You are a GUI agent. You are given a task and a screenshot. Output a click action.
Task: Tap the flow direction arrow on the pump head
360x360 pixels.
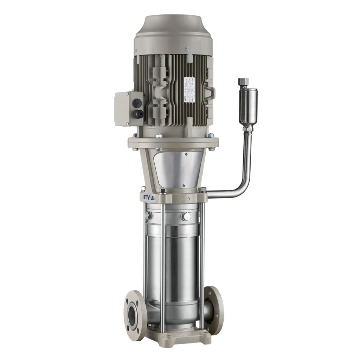[185, 199]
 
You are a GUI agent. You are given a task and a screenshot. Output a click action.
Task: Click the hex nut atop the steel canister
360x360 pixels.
[243, 82]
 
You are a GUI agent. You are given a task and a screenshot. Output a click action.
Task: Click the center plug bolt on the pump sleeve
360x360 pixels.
[186, 216]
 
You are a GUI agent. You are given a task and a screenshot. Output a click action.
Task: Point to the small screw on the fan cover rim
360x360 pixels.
[188, 49]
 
